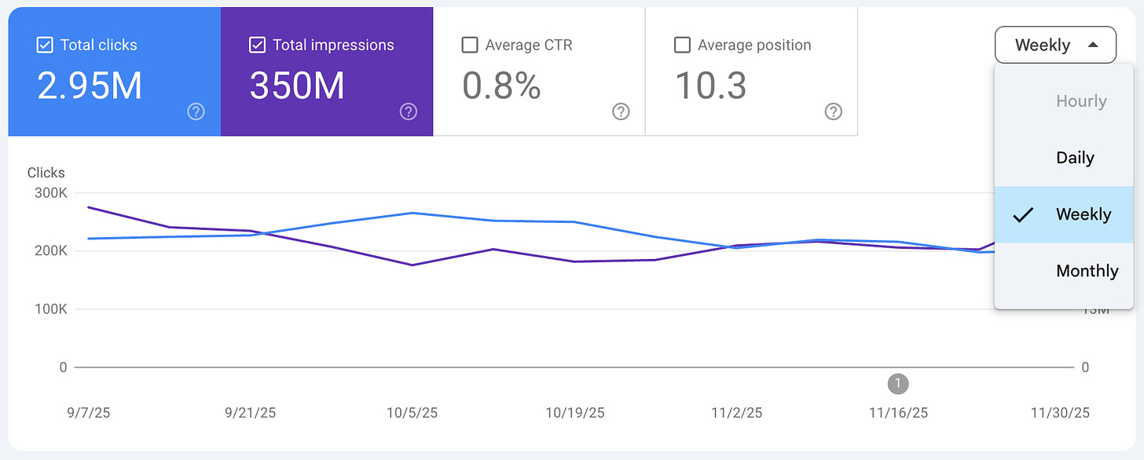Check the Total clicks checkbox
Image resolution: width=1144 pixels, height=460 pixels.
coord(45,45)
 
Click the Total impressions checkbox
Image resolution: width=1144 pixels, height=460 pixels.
coord(257,45)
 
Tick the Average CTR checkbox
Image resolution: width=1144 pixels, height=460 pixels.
coord(470,45)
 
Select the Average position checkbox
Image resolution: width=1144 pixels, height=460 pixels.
coord(682,45)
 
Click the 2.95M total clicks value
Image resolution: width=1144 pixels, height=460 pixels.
coord(90,85)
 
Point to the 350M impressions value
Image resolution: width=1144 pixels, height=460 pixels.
coord(297,85)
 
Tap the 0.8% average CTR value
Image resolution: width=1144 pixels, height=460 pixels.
coord(501,85)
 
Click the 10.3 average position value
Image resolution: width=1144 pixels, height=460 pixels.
coord(710,85)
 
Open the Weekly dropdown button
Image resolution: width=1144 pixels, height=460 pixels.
coord(1055,46)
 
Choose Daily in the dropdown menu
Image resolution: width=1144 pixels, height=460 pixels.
coord(1075,158)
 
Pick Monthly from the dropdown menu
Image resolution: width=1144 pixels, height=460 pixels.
coord(1087,271)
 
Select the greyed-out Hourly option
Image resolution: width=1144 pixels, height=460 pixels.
coord(1081,101)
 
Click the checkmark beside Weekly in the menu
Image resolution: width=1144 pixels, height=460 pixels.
coord(1022,214)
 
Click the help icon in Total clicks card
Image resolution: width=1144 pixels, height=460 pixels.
coord(196,111)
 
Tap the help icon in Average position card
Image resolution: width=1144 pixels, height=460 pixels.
coord(833,111)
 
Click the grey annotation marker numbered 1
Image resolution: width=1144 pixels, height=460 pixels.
coord(897,384)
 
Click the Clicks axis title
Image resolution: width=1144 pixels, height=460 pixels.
coord(46,173)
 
